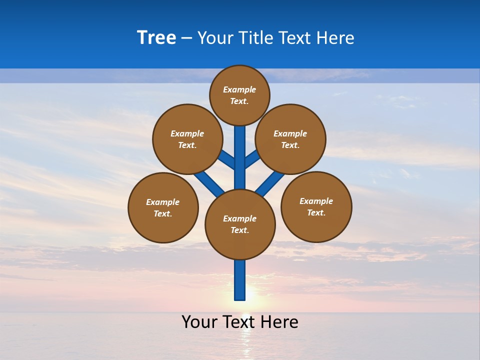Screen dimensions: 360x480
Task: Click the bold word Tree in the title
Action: click(156, 38)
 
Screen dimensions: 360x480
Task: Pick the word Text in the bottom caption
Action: click(239, 322)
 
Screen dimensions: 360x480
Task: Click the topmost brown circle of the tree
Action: click(239, 95)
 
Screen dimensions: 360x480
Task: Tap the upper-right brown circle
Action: click(290, 139)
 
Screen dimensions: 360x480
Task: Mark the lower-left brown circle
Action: click(163, 207)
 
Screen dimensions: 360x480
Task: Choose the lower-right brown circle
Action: click(316, 206)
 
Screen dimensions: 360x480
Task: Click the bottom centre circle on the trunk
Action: click(240, 224)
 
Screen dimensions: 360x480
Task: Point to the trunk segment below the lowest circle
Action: click(240, 280)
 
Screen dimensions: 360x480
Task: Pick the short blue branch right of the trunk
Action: click(252, 159)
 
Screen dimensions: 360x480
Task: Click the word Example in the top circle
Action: click(239, 89)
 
